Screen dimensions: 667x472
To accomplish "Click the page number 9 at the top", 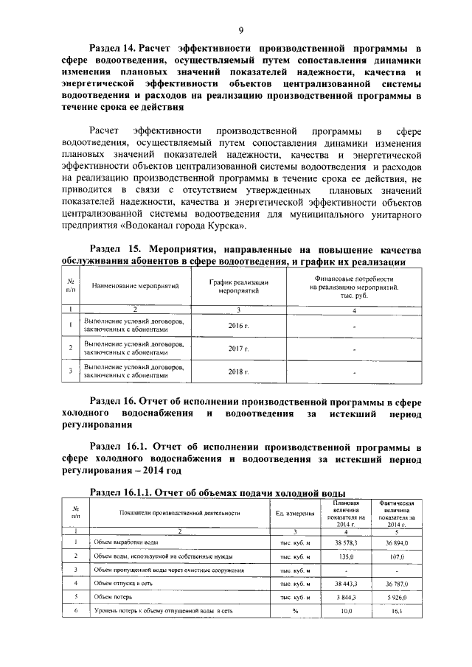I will (x=240, y=30).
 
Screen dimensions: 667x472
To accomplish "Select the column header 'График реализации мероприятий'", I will (x=238, y=287).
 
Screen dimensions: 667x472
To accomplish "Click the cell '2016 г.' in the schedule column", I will (x=238, y=324).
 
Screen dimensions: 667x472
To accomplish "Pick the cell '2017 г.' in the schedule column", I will (x=238, y=348).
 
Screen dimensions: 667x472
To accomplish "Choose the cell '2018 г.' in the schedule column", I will (x=238, y=371).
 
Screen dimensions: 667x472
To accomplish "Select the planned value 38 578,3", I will (x=345, y=542).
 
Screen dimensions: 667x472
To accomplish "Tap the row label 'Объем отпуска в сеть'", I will (x=122, y=583).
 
